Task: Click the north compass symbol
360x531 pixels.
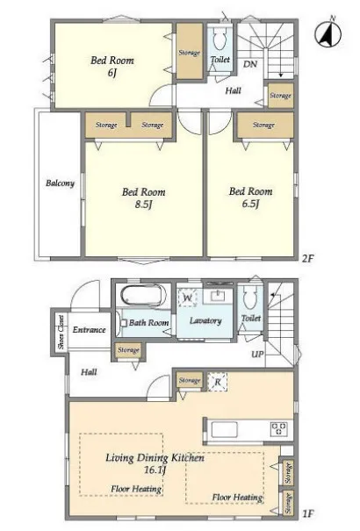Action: click(x=328, y=33)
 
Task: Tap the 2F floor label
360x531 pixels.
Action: click(x=308, y=259)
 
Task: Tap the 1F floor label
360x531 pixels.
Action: click(x=308, y=514)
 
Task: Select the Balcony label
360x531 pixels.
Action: click(x=60, y=183)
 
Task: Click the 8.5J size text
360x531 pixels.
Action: click(x=144, y=205)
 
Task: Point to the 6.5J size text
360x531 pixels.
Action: click(x=250, y=204)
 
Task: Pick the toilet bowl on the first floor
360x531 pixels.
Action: click(x=250, y=298)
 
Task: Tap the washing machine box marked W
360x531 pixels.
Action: click(x=187, y=298)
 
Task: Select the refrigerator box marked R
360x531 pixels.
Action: click(x=218, y=382)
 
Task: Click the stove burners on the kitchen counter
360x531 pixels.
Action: click(x=279, y=429)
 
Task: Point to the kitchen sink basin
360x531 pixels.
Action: click(x=224, y=429)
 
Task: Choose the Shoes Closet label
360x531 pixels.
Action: click(x=61, y=333)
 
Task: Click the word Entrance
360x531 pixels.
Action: click(x=89, y=329)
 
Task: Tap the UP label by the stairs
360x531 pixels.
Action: click(x=257, y=355)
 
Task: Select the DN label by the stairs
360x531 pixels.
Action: click(x=250, y=64)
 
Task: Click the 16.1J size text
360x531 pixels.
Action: click(x=155, y=470)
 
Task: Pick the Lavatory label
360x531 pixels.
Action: click(x=205, y=320)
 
